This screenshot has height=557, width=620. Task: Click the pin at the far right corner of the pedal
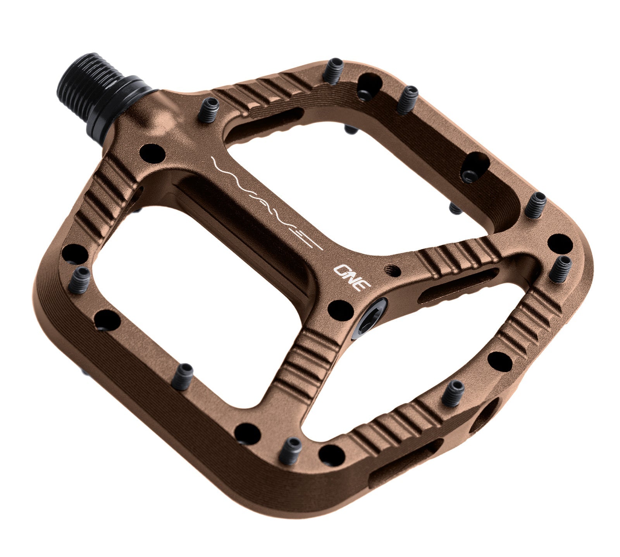click(560, 268)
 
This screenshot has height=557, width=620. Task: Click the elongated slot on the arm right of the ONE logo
click(457, 286)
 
